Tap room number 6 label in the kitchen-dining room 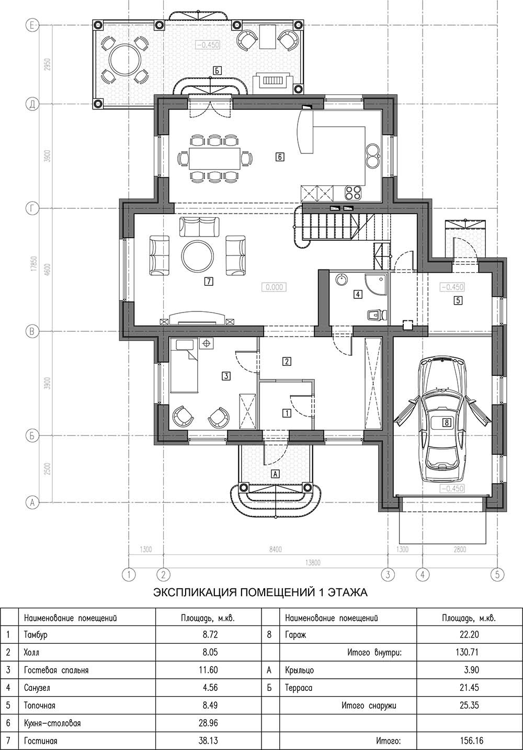[280, 156]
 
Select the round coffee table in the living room [197, 256]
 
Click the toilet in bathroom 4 [377, 315]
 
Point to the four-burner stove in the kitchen [354, 193]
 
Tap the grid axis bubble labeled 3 [388, 575]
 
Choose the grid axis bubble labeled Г [32, 208]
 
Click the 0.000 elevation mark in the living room [274, 287]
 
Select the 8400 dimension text [275, 550]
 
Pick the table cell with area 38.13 [208, 740]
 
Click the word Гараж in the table [295, 635]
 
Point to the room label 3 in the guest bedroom [226, 376]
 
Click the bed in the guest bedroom [184, 366]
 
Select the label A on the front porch [275, 474]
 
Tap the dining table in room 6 [215, 158]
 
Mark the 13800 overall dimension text [313, 563]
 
